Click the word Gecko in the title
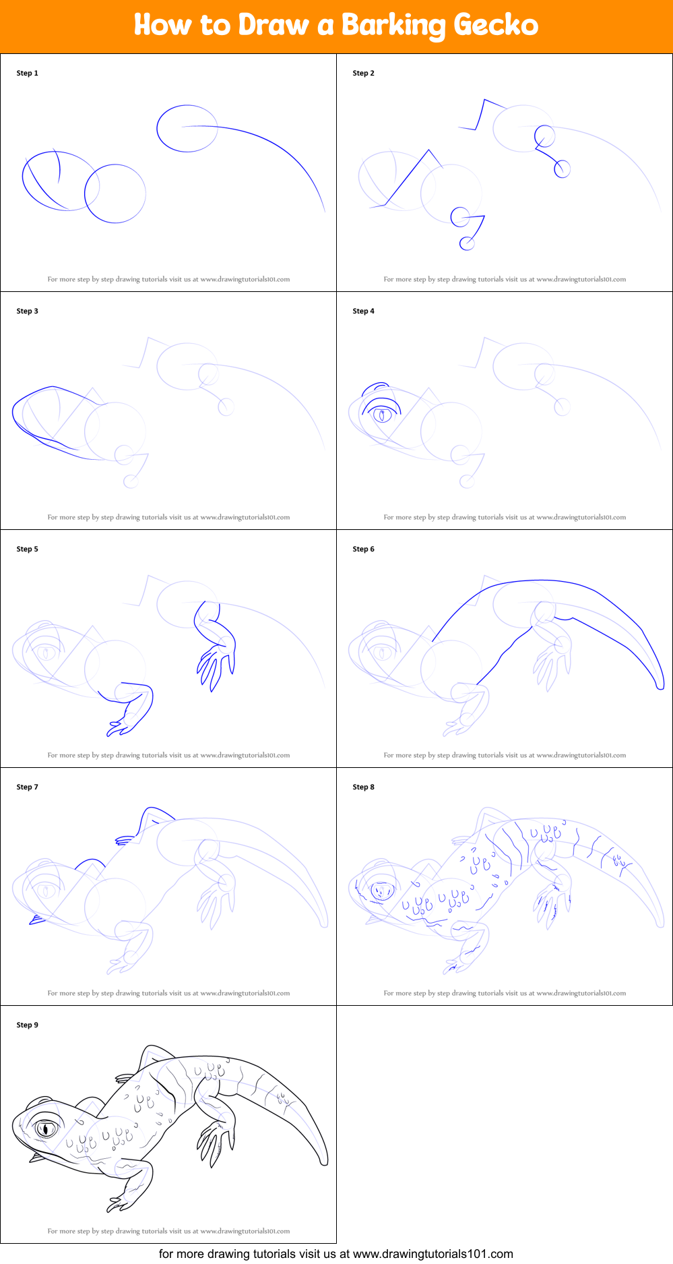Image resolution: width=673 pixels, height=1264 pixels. pos(496,26)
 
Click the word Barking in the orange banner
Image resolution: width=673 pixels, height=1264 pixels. pos(393,26)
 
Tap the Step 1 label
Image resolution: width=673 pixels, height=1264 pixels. pos(28,73)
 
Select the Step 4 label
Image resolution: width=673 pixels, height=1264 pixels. pos(363,311)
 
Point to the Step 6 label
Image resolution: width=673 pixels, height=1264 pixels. pos(363,549)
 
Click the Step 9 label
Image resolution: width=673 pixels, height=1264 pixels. pos(28,1025)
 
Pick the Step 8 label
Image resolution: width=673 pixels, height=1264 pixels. pos(363,787)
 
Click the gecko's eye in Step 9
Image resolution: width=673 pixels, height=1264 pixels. pos(46,1127)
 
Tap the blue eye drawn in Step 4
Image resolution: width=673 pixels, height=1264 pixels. pos(382,413)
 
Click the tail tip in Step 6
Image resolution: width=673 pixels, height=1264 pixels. pos(660,686)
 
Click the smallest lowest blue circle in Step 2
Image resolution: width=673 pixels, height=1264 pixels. pos(466,243)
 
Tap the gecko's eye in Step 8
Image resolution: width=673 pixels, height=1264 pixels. pos(382,891)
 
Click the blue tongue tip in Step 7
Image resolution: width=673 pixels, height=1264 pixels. pos(35,920)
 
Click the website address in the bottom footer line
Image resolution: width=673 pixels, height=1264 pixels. pos(432,1254)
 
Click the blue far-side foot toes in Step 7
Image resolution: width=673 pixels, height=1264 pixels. pos(125,840)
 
